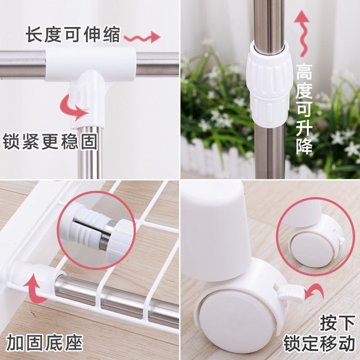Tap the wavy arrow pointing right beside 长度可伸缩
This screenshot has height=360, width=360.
pyautogui.click(x=142, y=36)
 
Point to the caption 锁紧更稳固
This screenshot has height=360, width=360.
pyautogui.click(x=50, y=142)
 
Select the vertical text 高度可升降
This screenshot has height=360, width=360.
pyautogui.click(x=304, y=110)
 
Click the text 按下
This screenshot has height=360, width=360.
pyautogui.click(x=336, y=323)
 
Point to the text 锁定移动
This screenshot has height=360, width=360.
pyautogui.click(x=319, y=344)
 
